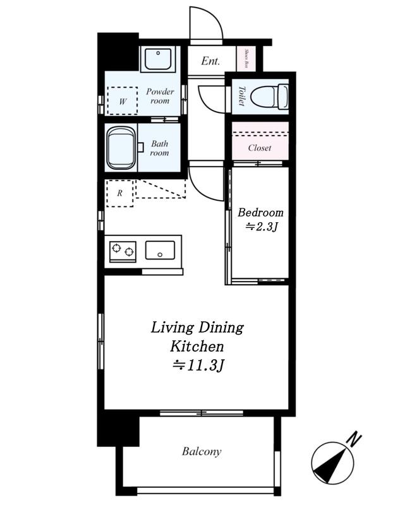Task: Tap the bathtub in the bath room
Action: (121, 148)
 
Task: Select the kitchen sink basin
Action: (160, 250)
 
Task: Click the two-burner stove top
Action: (123, 251)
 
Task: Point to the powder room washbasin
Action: (158, 59)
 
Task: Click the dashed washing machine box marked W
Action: (123, 101)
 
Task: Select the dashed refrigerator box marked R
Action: (120, 193)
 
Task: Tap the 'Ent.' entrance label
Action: (210, 61)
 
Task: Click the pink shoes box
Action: (246, 59)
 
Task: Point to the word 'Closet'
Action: (260, 148)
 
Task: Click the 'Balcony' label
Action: (202, 451)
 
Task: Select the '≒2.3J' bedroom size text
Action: (262, 227)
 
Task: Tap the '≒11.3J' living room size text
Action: (198, 365)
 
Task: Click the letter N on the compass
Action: (354, 439)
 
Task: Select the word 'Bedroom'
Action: (260, 213)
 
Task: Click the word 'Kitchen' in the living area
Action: (196, 347)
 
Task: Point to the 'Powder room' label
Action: (160, 96)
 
